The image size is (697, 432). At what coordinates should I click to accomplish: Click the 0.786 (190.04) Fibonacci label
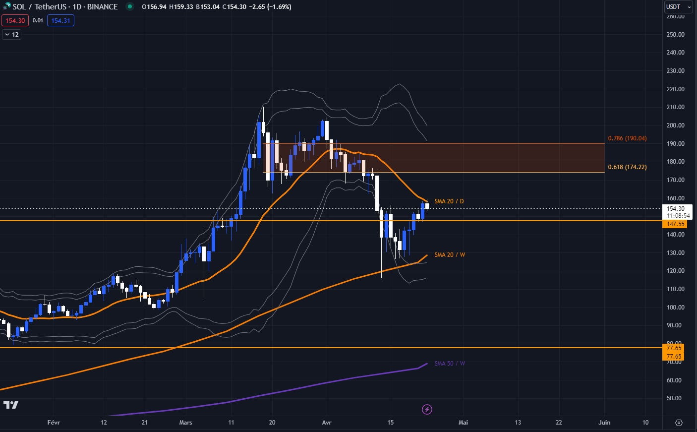tap(627, 138)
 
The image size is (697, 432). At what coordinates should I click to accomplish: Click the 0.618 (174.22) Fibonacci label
tap(627, 167)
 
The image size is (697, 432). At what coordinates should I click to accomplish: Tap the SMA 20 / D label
tap(449, 201)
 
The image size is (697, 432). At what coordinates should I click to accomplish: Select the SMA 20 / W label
tap(450, 255)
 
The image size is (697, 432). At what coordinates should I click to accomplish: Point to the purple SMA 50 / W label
tap(450, 364)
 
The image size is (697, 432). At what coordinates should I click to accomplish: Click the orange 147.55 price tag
tap(675, 224)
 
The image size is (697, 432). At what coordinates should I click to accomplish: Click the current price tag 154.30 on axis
tap(676, 209)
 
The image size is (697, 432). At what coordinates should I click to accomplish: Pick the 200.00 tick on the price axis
tap(675, 125)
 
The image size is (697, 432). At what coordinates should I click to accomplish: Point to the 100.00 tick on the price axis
tap(675, 308)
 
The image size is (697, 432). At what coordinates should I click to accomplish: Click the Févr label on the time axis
tap(54, 423)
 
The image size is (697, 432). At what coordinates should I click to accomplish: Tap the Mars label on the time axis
tap(185, 423)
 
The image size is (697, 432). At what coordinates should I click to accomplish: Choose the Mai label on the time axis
tap(463, 423)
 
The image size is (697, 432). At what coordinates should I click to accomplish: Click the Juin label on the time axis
tap(604, 423)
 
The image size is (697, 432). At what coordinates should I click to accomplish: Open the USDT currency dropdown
tap(678, 7)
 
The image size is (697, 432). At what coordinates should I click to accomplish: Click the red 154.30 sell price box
tap(15, 21)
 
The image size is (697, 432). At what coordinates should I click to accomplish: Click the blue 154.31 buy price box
tap(60, 21)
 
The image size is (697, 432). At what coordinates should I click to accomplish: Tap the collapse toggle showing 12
tap(11, 35)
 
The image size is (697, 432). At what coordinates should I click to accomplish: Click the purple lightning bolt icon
tap(427, 409)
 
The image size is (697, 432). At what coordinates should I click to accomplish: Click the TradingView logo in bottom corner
tap(10, 405)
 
